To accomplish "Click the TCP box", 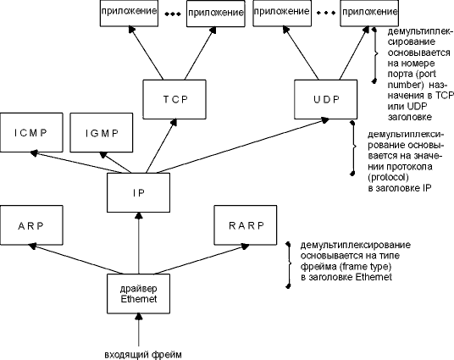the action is click(x=174, y=99).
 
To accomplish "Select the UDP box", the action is click(x=326, y=99).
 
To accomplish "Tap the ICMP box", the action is click(x=31, y=132).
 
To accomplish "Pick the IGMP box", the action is click(x=102, y=132).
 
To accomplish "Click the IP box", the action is click(x=138, y=192).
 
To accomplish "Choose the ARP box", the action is click(x=31, y=225).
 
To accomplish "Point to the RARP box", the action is click(x=246, y=225).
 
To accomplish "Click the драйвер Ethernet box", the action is click(x=138, y=294).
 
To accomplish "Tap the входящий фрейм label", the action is click(x=143, y=355).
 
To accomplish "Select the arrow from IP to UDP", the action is click(x=242, y=146).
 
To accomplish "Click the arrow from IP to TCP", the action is click(x=161, y=147).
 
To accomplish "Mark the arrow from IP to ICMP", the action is click(x=77, y=162).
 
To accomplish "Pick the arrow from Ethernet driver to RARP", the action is click(x=202, y=259).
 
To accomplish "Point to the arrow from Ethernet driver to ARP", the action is click(x=75, y=258).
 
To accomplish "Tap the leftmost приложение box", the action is click(x=129, y=13).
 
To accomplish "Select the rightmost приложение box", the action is click(x=369, y=13).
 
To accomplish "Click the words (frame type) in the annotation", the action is click(x=365, y=266).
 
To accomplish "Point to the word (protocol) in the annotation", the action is click(x=388, y=177).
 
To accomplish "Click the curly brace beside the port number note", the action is click(x=375, y=54).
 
